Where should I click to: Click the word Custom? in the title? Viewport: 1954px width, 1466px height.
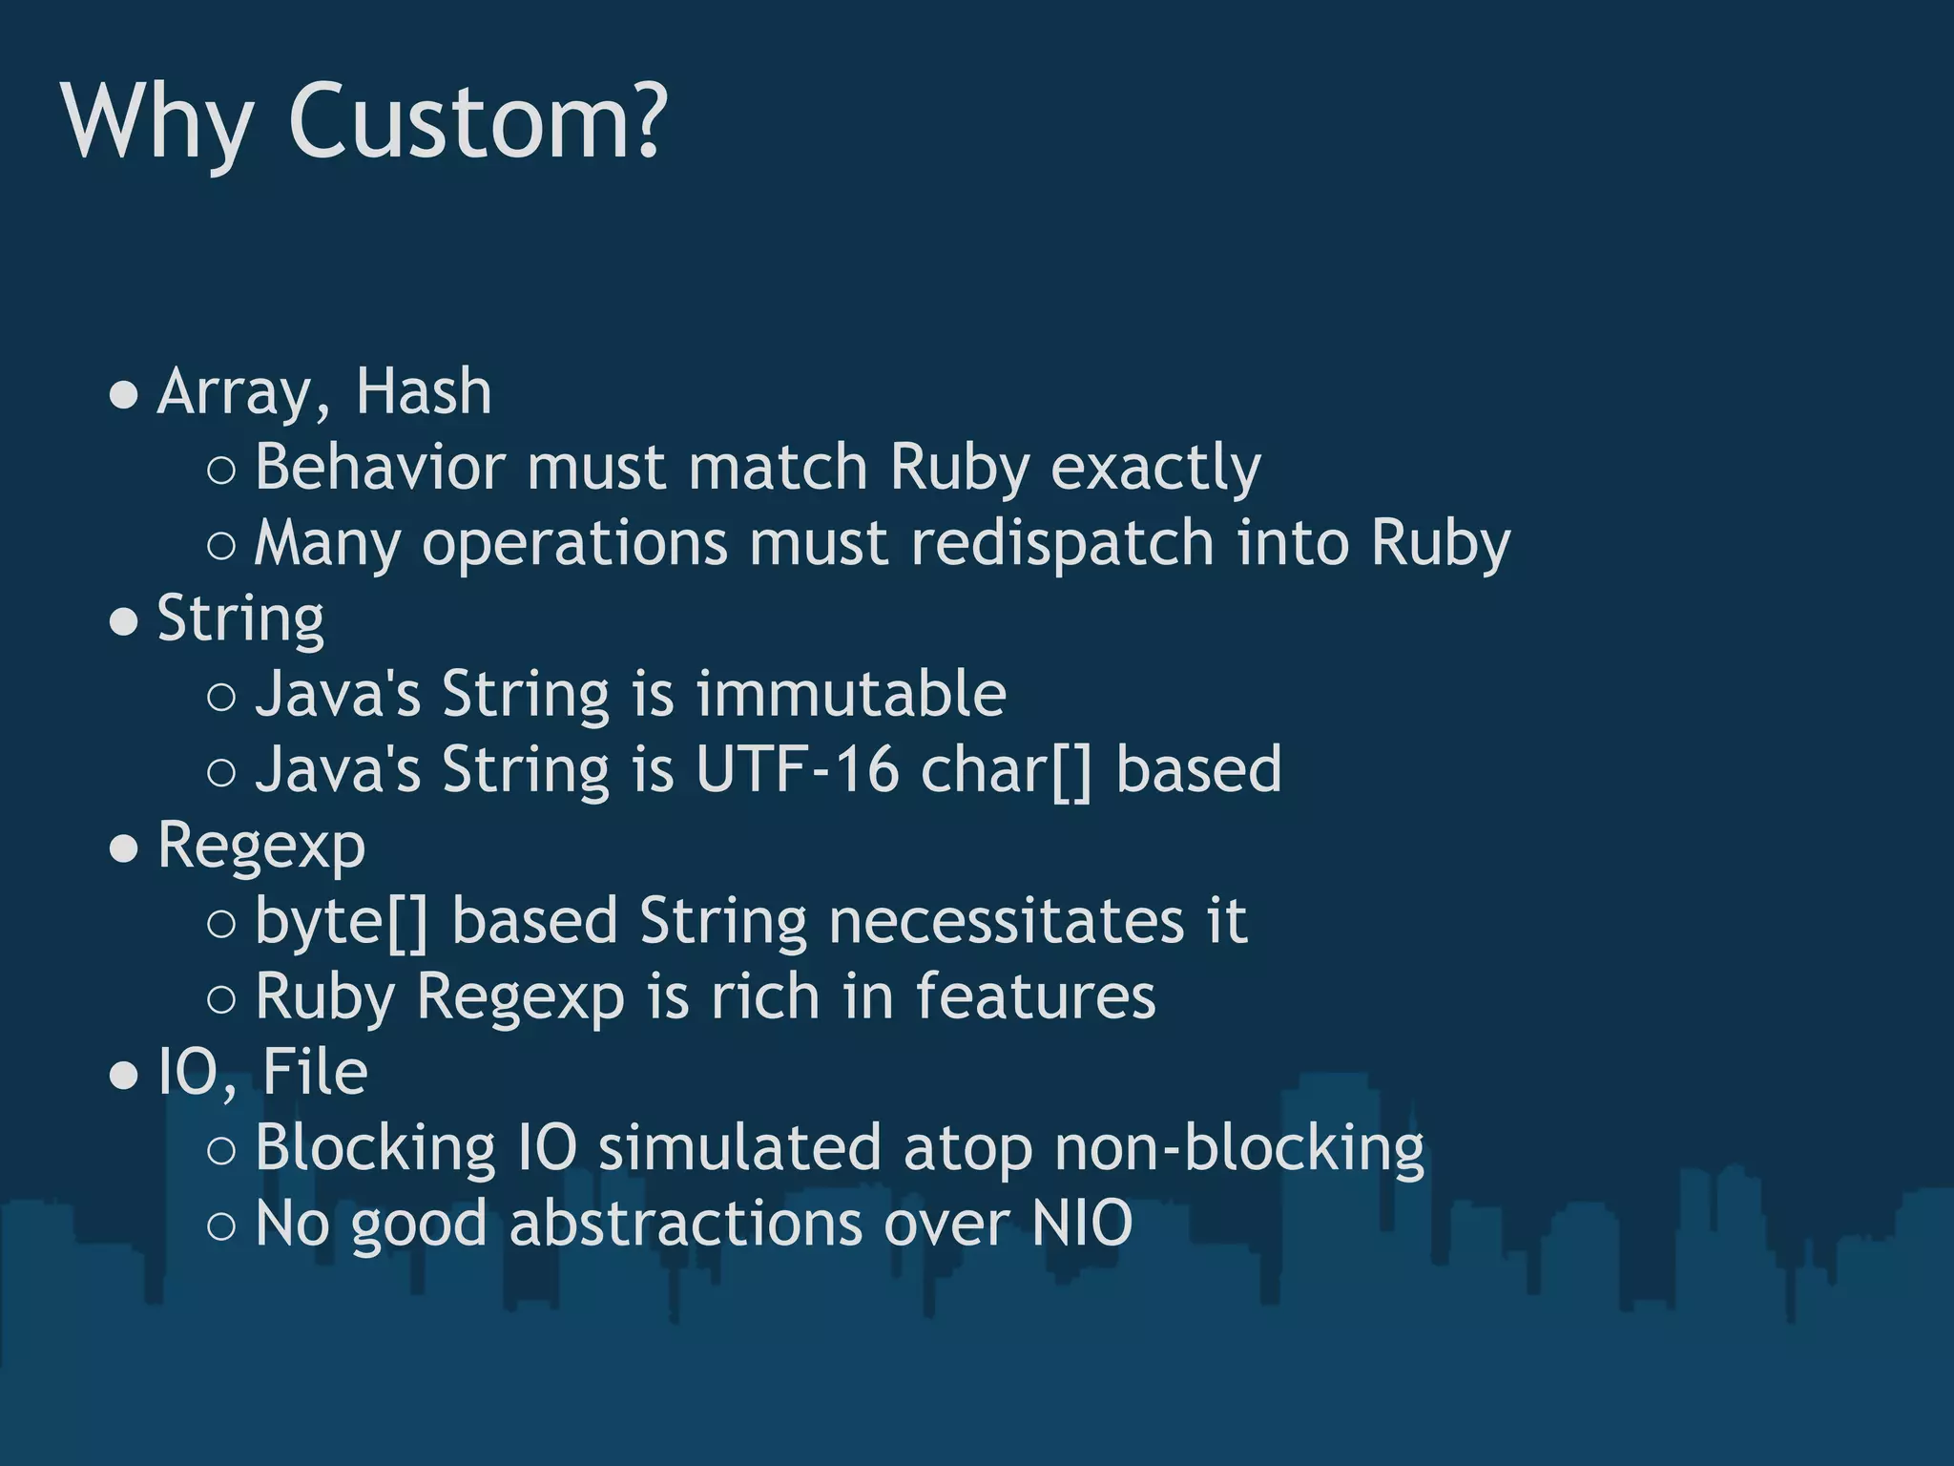coord(477,122)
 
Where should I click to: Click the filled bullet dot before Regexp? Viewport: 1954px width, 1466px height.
coord(124,848)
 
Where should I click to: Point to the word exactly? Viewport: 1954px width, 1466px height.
coord(1155,469)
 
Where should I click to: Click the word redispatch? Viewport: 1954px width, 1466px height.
coord(1062,544)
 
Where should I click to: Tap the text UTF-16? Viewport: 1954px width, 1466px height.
coord(797,769)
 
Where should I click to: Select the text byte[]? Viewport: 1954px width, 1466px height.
coord(342,922)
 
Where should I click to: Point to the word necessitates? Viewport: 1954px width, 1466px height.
coord(1006,921)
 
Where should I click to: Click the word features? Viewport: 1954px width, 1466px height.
coord(1035,996)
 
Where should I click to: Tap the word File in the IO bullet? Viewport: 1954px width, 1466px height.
coord(315,1072)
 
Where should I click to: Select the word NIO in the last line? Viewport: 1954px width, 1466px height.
coord(1082,1224)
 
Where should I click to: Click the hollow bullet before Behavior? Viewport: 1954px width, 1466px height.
coord(220,470)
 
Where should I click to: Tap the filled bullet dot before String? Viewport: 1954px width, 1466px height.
coord(124,621)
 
